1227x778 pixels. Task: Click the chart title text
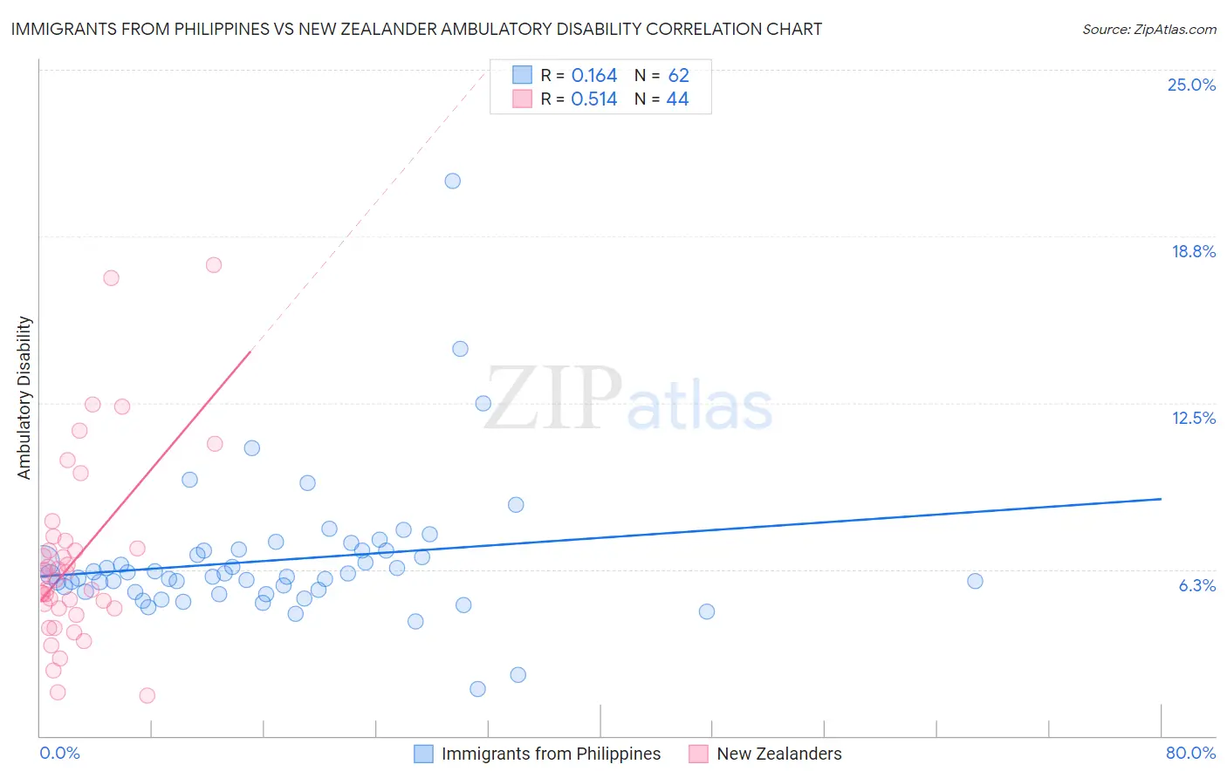[416, 29]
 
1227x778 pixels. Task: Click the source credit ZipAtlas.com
[1148, 29]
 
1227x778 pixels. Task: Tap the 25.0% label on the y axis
[1191, 85]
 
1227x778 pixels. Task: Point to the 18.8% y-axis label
[1193, 251]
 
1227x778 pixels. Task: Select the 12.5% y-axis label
[1193, 418]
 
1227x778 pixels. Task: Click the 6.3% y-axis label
[1196, 585]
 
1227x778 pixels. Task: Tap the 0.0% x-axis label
[59, 753]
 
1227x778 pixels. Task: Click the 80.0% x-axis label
[1190, 753]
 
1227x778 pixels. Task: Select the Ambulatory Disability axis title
[24, 398]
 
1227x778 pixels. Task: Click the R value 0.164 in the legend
[594, 76]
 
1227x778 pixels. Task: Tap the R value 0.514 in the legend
[594, 99]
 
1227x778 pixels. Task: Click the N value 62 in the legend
[678, 76]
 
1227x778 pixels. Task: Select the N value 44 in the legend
[677, 99]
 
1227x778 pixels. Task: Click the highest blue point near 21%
[452, 181]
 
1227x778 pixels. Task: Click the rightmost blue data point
[975, 581]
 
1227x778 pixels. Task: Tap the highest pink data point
[214, 265]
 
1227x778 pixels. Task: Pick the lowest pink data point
[147, 695]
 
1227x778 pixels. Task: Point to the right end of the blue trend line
[1161, 499]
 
